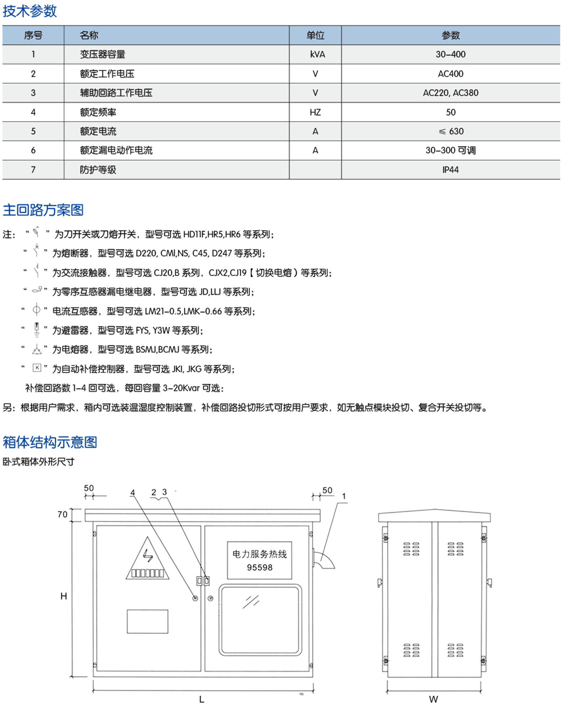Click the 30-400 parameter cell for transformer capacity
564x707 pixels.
[x=450, y=54]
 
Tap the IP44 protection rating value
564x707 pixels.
[x=450, y=170]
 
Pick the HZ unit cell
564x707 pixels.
[x=315, y=112]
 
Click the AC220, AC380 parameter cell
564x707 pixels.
[x=450, y=93]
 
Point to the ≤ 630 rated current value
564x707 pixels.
[x=451, y=131]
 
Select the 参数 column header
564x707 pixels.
[x=450, y=35]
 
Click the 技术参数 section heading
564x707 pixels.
[x=30, y=11]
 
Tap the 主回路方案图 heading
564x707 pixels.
[x=43, y=210]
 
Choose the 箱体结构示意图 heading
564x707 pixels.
[x=50, y=442]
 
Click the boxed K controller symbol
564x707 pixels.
[x=37, y=368]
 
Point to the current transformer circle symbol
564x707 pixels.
[x=36, y=310]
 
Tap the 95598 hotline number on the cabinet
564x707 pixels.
[x=259, y=568]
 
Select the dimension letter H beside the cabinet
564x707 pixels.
[x=64, y=596]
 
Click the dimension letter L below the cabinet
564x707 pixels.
[x=202, y=699]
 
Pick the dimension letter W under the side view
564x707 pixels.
[x=433, y=699]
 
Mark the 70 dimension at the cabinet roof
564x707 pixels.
[x=62, y=515]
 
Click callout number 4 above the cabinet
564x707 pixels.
[x=132, y=492]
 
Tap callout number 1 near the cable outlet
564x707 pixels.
[x=344, y=496]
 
